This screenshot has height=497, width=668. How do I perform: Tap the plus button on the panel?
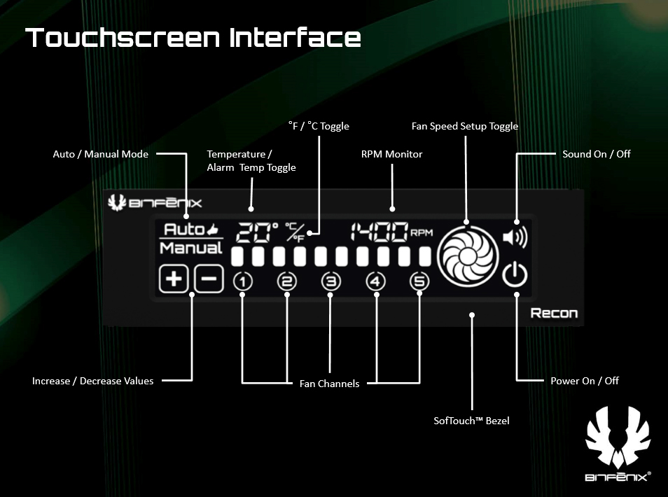pyautogui.click(x=173, y=279)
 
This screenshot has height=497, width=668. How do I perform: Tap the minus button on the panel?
pyautogui.click(x=209, y=279)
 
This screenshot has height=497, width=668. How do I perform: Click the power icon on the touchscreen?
pyautogui.click(x=515, y=275)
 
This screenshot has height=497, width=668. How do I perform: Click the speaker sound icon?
pyautogui.click(x=515, y=238)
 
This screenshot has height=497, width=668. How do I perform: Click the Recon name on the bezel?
pyautogui.click(x=554, y=312)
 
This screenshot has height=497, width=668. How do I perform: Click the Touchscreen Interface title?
pyautogui.click(x=193, y=38)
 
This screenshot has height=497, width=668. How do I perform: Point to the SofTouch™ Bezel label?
pyautogui.click(x=471, y=421)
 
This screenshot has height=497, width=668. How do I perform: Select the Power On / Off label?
pyautogui.click(x=585, y=381)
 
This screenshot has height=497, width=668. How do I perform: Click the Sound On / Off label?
pyautogui.click(x=596, y=153)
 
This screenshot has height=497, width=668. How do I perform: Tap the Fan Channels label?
pyautogui.click(x=329, y=384)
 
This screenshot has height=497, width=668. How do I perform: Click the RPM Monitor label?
pyautogui.click(x=391, y=154)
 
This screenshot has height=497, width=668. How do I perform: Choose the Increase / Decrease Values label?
pyautogui.click(x=92, y=381)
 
